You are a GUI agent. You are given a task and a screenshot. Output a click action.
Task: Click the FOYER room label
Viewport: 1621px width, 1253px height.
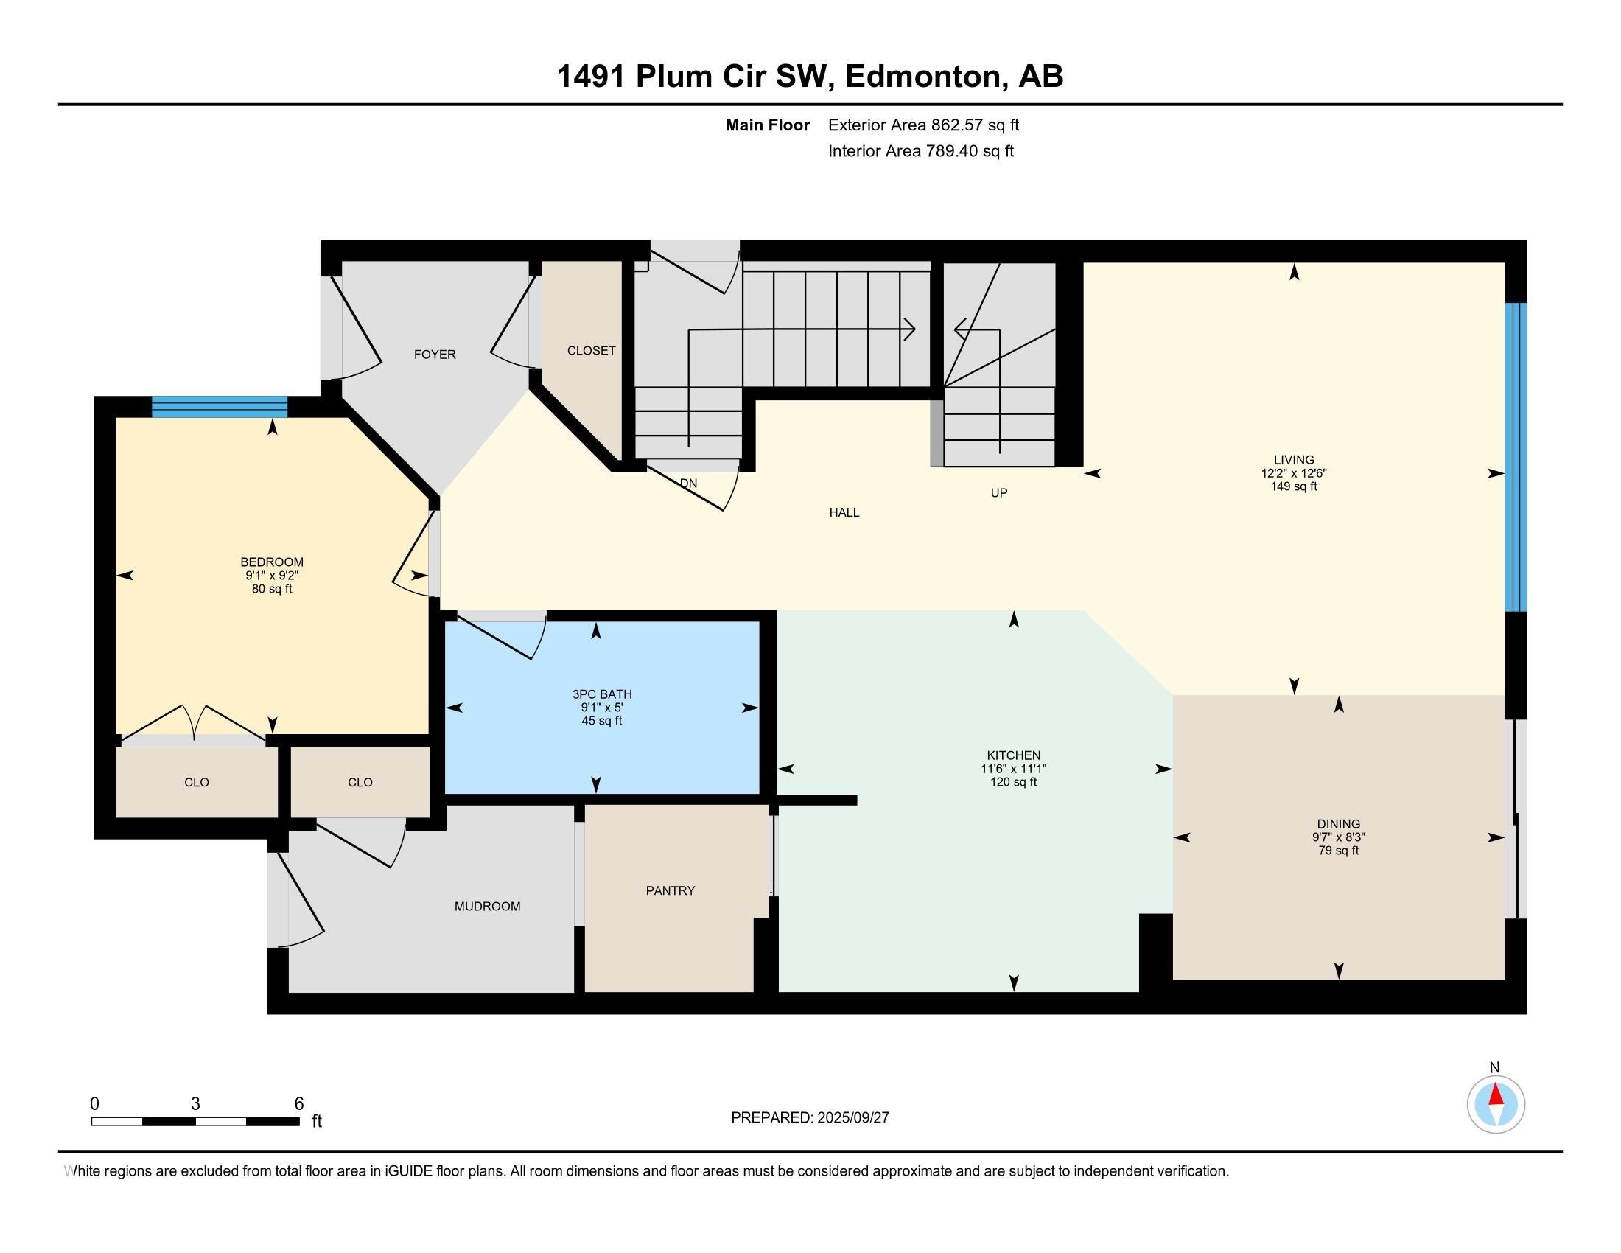pyautogui.click(x=434, y=354)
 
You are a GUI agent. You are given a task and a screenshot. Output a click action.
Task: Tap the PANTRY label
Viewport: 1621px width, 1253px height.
pyautogui.click(x=671, y=890)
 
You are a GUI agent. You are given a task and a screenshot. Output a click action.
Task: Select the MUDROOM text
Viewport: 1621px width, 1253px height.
pyautogui.click(x=487, y=906)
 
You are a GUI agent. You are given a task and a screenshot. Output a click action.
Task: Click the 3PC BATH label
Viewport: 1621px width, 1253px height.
pyautogui.click(x=602, y=694)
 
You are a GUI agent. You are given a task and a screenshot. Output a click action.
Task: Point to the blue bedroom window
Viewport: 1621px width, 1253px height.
pyautogui.click(x=219, y=407)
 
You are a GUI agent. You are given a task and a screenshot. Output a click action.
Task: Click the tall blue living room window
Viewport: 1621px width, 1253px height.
pyautogui.click(x=1515, y=456)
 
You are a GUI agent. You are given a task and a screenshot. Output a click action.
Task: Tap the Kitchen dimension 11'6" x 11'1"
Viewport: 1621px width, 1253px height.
pyautogui.click(x=1013, y=769)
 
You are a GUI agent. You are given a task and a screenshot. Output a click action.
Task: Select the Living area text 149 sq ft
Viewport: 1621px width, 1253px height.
pyautogui.click(x=1294, y=486)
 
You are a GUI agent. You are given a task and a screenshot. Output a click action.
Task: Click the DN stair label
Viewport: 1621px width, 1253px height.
pyautogui.click(x=688, y=484)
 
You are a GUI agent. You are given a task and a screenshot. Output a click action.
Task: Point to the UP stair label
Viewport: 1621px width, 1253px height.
pyautogui.click(x=998, y=492)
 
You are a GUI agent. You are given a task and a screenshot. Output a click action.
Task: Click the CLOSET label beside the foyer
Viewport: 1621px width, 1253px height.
pyautogui.click(x=591, y=350)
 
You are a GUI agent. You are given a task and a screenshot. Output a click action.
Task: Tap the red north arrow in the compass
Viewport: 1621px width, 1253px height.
pyautogui.click(x=1496, y=1095)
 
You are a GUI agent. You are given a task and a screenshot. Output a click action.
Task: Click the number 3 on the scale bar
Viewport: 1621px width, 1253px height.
pyautogui.click(x=195, y=1103)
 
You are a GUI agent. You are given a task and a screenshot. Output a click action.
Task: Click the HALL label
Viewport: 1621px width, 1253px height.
pyautogui.click(x=844, y=512)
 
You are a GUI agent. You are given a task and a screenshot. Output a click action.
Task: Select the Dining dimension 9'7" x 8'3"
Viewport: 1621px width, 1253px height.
pyautogui.click(x=1338, y=837)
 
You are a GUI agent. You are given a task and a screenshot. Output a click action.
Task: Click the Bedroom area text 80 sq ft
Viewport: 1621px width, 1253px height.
pyautogui.click(x=272, y=589)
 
